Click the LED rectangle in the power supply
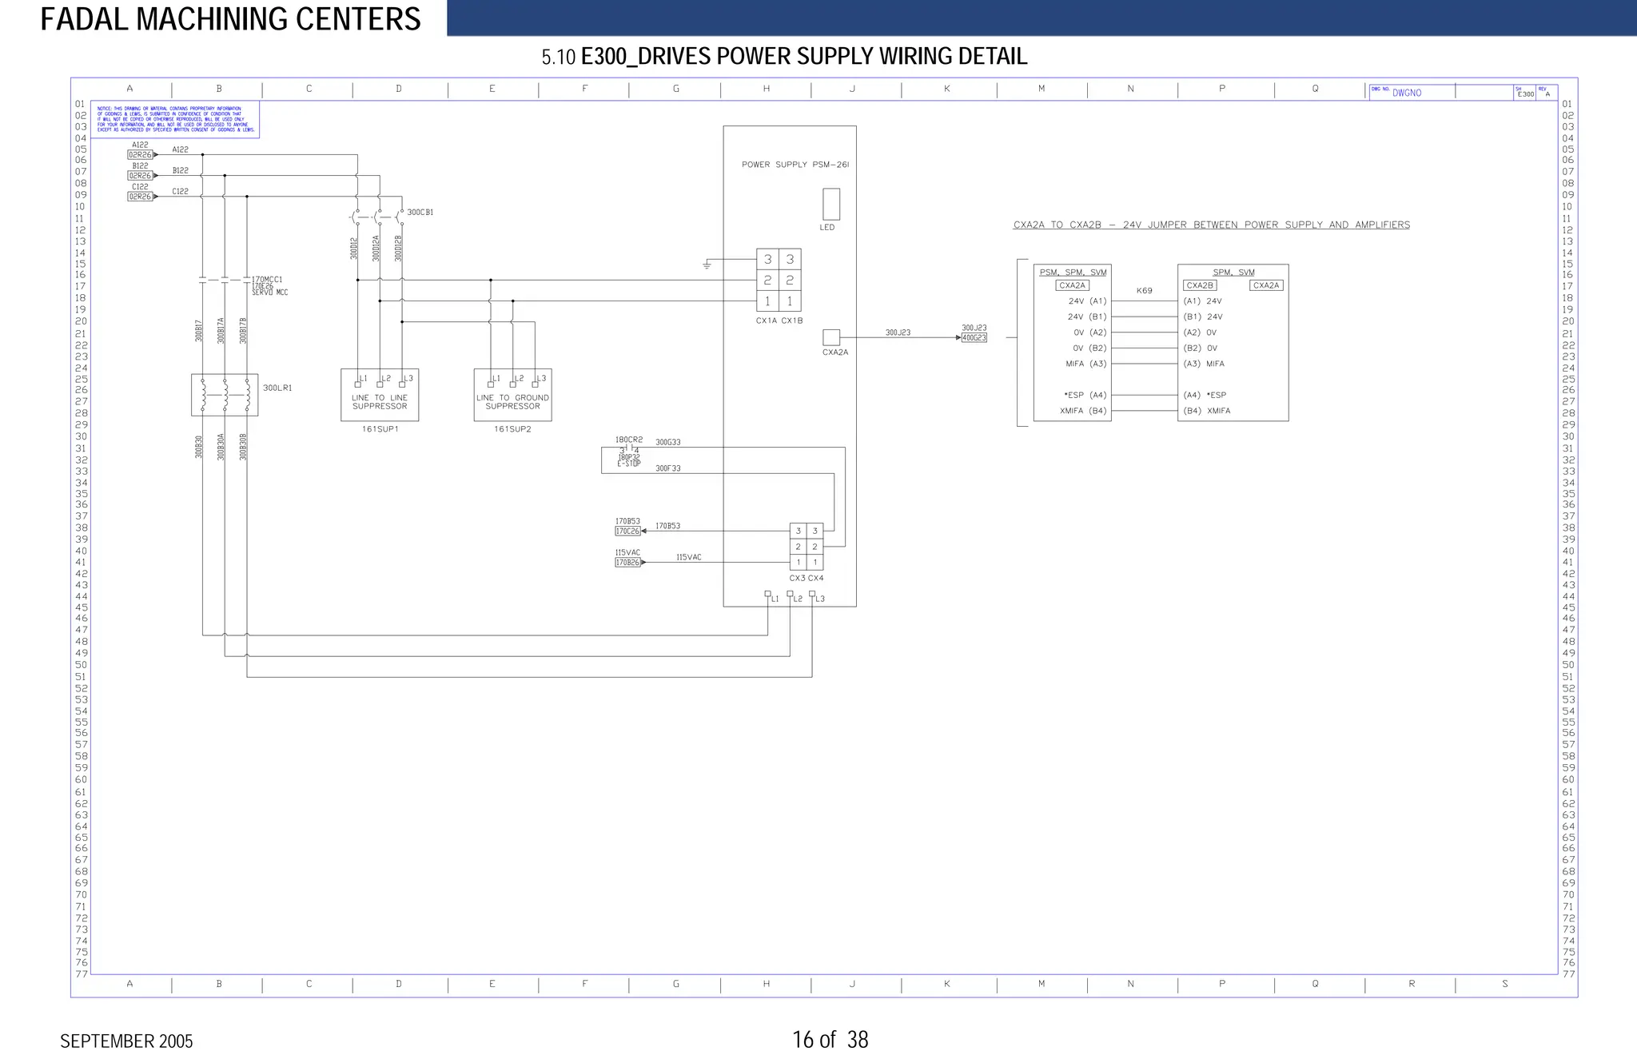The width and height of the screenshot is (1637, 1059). click(831, 204)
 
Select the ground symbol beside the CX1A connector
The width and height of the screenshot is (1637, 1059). click(707, 265)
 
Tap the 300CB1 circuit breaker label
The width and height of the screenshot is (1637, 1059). click(420, 213)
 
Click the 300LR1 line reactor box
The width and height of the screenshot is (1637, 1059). click(225, 395)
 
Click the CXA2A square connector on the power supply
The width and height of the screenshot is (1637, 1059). click(831, 337)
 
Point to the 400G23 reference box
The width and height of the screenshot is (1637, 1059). click(974, 338)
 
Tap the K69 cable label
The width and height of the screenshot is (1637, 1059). click(1145, 291)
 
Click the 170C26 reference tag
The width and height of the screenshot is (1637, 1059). click(627, 531)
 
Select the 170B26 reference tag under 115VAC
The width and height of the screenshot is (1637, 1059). click(627, 563)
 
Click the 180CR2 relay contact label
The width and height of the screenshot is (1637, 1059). click(628, 440)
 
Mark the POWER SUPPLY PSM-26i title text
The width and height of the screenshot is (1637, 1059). click(795, 165)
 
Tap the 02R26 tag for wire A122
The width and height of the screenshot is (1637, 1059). click(140, 155)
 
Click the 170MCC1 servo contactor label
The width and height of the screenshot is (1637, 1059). click(267, 280)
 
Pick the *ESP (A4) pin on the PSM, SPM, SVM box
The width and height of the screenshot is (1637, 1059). click(1085, 395)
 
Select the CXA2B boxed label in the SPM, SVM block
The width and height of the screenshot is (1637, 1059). click(1199, 285)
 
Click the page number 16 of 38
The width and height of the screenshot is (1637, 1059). click(830, 1040)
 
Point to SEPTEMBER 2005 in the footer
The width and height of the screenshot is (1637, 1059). click(126, 1041)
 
